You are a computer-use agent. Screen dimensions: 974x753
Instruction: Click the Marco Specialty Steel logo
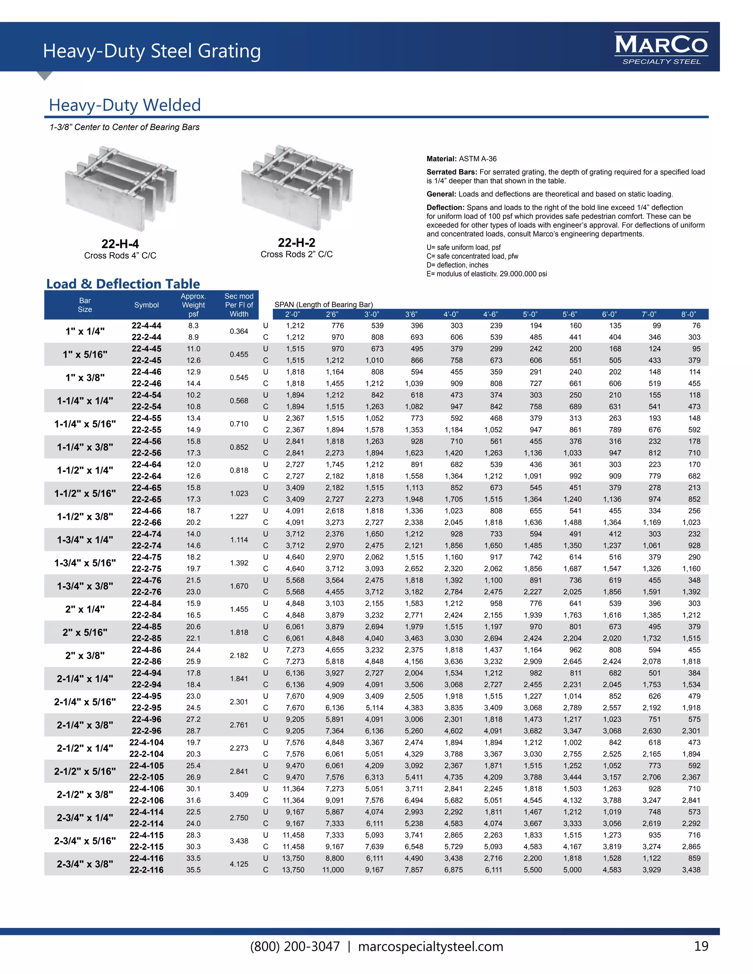[x=661, y=49]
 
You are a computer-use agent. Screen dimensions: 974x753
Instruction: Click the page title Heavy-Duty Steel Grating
[x=152, y=51]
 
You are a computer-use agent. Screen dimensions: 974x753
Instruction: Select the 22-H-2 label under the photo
[x=296, y=243]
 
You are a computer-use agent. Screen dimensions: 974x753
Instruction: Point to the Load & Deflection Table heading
[x=123, y=284]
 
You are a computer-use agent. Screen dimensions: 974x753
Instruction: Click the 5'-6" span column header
[x=575, y=314]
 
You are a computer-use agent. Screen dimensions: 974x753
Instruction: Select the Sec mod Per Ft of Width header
[x=239, y=305]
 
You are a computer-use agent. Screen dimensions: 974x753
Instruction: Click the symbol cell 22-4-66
[x=146, y=511]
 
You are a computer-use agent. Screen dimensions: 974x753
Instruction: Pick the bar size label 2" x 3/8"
[x=85, y=656]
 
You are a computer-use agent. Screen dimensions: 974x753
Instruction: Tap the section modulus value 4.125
[x=239, y=864]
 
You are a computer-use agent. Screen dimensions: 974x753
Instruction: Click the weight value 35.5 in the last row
[x=193, y=870]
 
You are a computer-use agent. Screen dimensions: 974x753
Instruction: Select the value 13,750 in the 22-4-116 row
[x=293, y=858]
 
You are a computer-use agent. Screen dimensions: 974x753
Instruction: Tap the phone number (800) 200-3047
[x=295, y=946]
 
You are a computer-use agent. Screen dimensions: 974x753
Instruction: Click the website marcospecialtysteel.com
[x=431, y=946]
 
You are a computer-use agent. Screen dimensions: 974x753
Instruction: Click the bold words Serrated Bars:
[x=452, y=172]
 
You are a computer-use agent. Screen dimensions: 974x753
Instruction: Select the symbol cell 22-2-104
[x=146, y=754]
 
